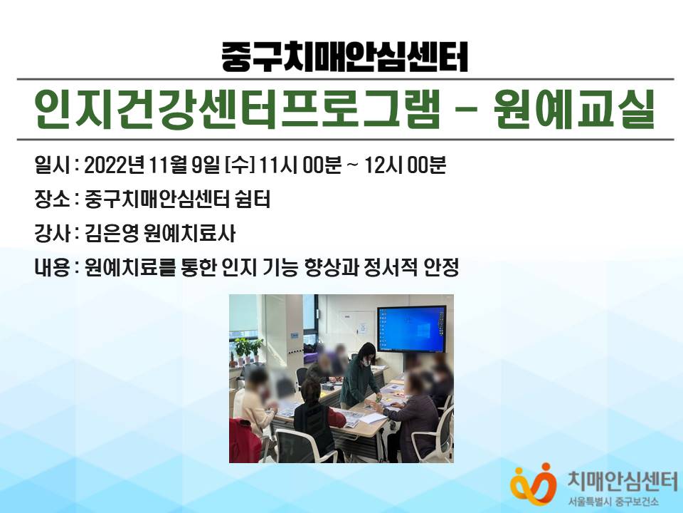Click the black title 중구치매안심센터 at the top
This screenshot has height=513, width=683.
click(344, 57)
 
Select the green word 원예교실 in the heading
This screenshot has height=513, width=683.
click(575, 110)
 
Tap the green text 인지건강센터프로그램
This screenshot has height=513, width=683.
click(237, 110)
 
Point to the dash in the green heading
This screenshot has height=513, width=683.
click(466, 110)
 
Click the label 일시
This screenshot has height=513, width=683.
click(51, 165)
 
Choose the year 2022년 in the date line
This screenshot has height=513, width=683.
click(114, 165)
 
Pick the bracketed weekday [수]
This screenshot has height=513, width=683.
click(239, 165)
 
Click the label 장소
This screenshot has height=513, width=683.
click(51, 199)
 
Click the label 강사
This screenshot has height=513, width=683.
click(51, 234)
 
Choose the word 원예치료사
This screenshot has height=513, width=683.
click(189, 234)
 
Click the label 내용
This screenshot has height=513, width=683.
click(51, 267)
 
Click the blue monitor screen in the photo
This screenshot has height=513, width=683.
click(411, 329)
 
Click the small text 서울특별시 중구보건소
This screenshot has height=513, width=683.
click(613, 502)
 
